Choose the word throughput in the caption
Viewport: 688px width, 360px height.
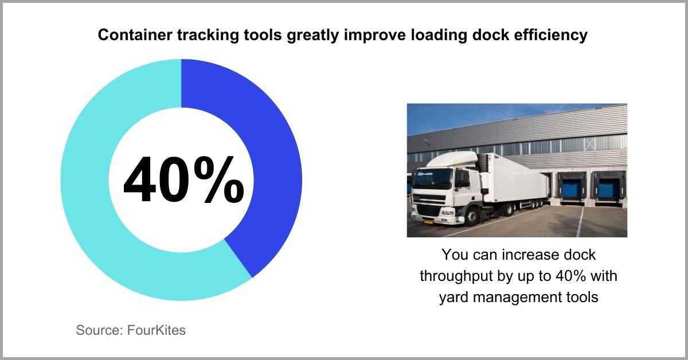coord(462,275)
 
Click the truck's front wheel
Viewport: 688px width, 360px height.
coord(471,217)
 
